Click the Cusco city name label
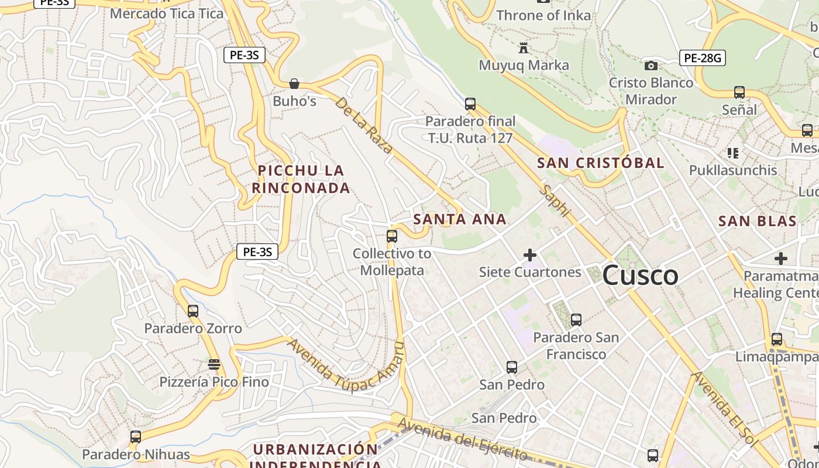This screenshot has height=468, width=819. pyautogui.click(x=640, y=276)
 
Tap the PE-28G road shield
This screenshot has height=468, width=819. pyautogui.click(x=703, y=58)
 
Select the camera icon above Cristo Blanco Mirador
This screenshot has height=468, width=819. pyautogui.click(x=651, y=66)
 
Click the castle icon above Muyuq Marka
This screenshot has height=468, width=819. pyautogui.click(x=524, y=47)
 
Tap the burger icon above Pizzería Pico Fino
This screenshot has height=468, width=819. pyautogui.click(x=214, y=364)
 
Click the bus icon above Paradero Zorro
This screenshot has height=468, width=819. pyautogui.click(x=193, y=311)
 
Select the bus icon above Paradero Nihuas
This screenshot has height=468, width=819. pyautogui.click(x=136, y=436)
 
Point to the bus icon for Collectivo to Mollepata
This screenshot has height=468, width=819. pyautogui.click(x=392, y=236)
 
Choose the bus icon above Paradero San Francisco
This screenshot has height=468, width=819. pyautogui.click(x=576, y=320)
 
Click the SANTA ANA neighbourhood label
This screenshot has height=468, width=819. pyautogui.click(x=460, y=219)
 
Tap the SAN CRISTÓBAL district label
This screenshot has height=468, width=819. pyautogui.click(x=601, y=163)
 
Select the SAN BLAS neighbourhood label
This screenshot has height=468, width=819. pyautogui.click(x=757, y=221)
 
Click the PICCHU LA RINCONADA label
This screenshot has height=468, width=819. pyautogui.click(x=301, y=179)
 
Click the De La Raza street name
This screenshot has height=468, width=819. pyautogui.click(x=363, y=125)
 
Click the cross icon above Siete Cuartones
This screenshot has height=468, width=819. pyautogui.click(x=530, y=255)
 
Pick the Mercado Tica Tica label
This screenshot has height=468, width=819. pyautogui.click(x=167, y=13)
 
